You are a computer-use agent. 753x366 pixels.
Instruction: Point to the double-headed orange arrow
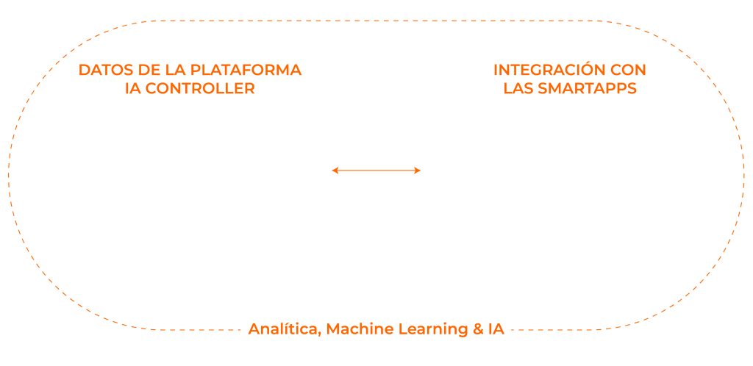(x=376, y=171)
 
